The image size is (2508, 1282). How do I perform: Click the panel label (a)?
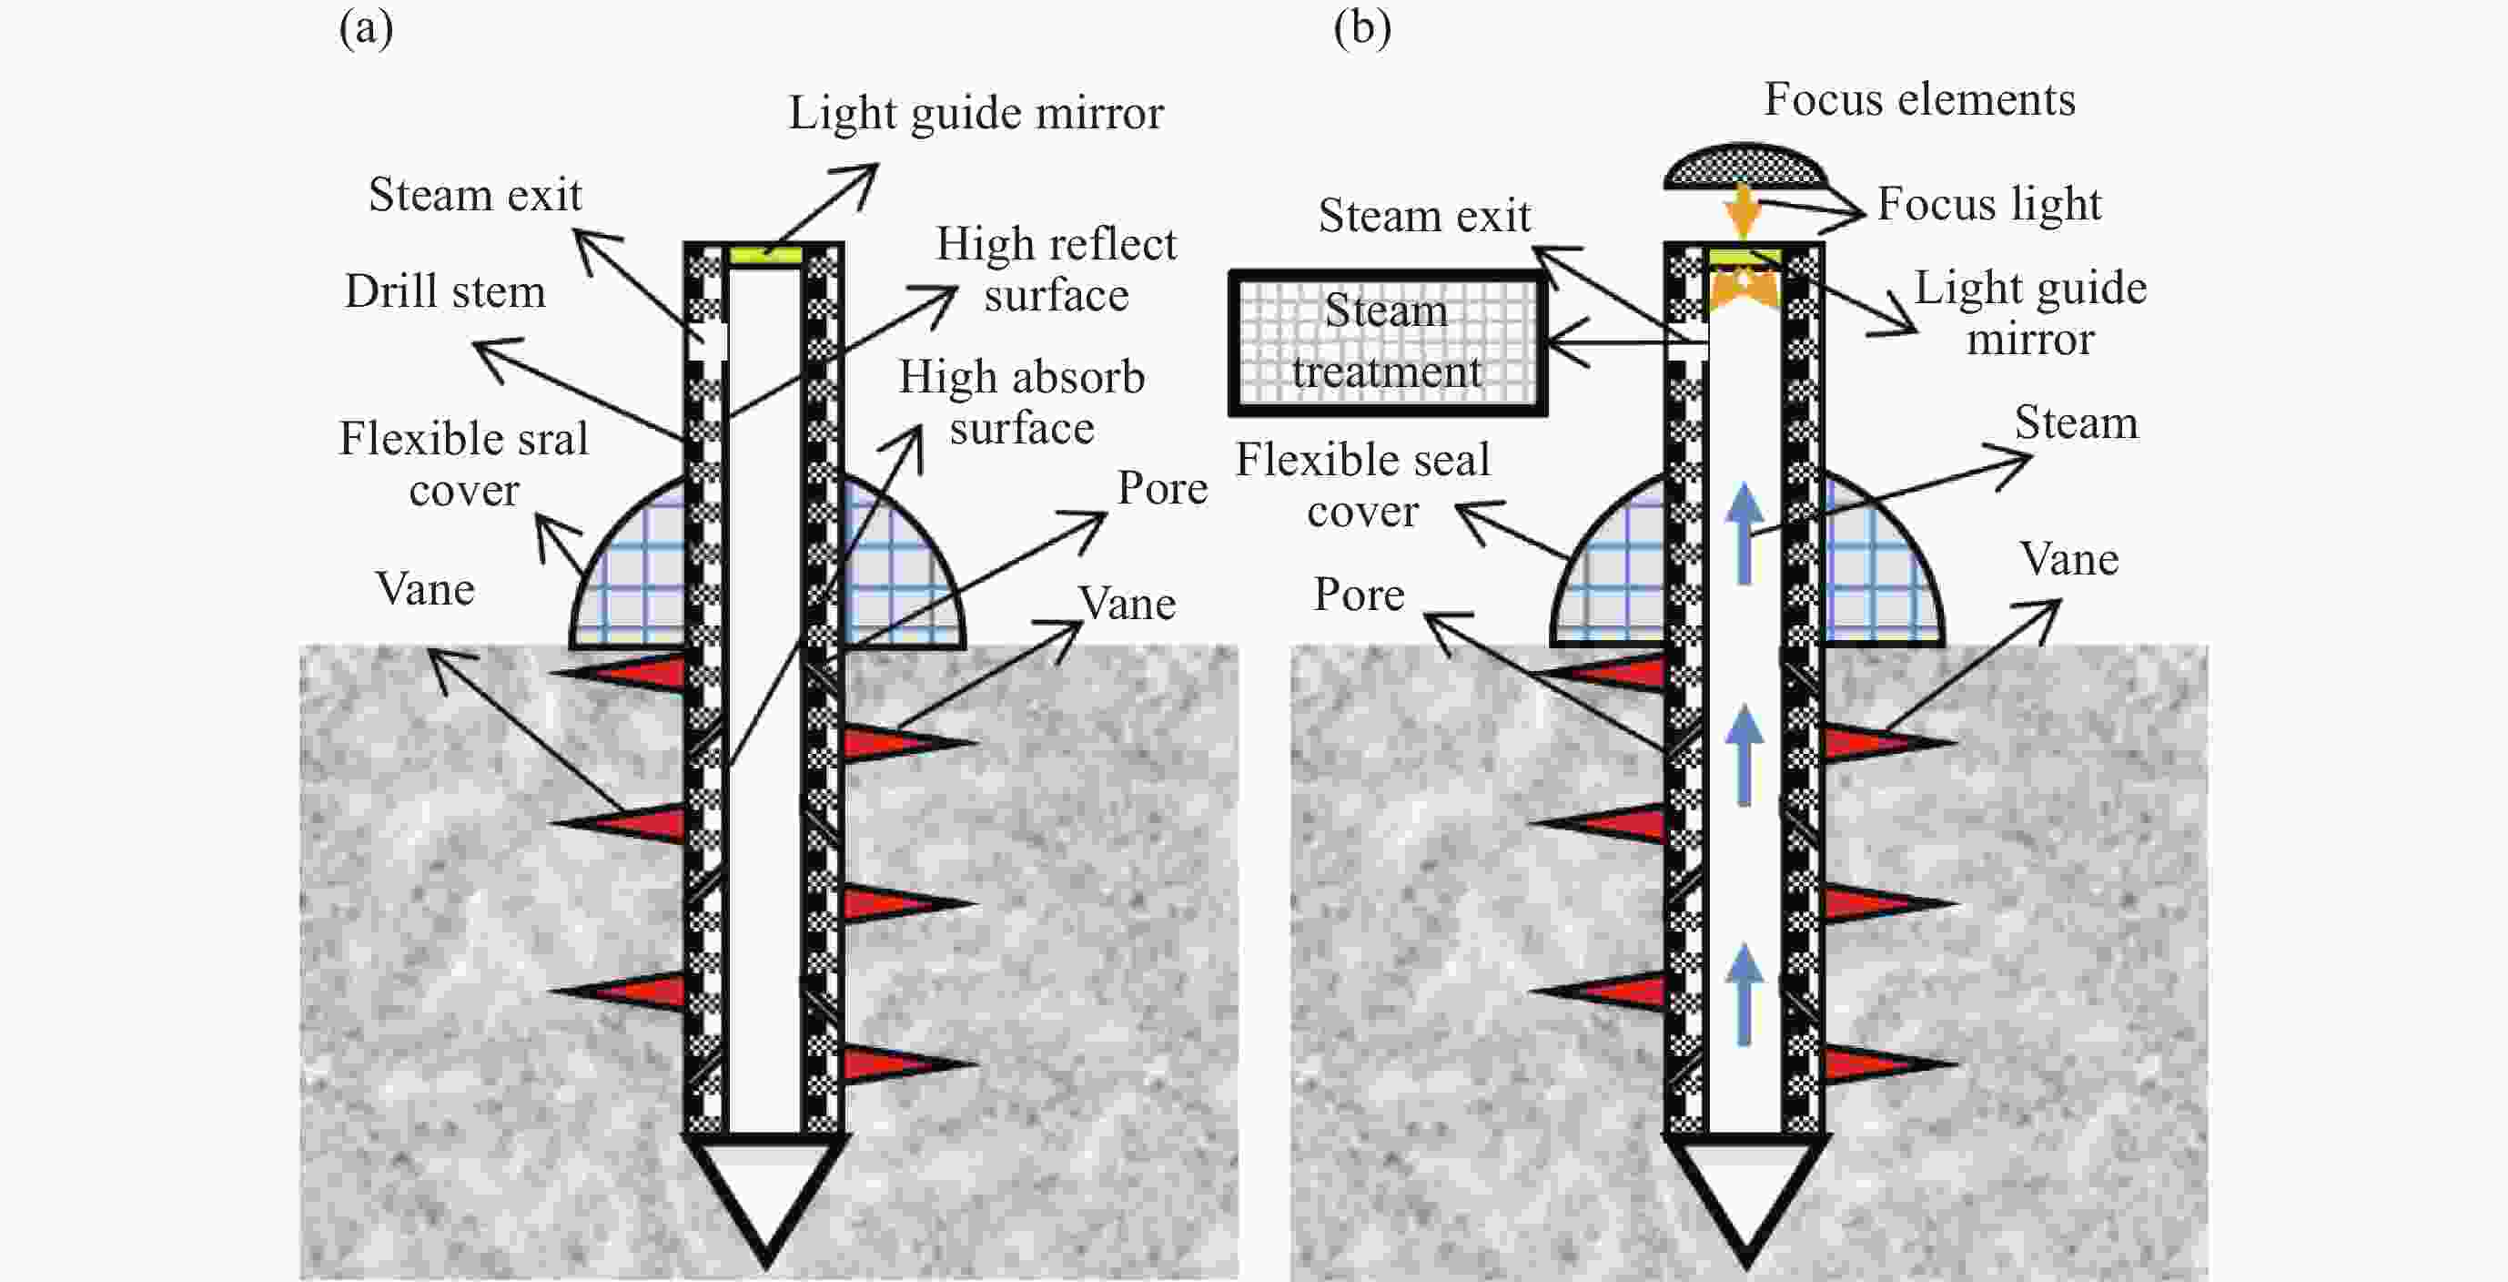coord(366,29)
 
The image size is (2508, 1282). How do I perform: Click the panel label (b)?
coord(1362,29)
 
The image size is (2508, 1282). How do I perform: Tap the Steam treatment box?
coord(1388,343)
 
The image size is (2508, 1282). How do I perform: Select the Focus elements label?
coord(1919,99)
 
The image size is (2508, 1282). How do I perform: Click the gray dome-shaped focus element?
coord(1744,167)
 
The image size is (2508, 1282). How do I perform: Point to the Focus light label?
coord(1988,204)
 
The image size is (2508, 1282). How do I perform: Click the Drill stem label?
coord(445,291)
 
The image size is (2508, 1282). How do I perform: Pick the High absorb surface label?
coord(1021,402)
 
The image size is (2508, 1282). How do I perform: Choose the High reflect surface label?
coord(1057,269)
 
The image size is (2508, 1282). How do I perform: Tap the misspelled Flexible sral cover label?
coord(463,463)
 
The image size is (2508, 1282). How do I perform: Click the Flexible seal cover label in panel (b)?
coord(1362,485)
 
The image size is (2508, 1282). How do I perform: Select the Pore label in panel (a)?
coord(1161,487)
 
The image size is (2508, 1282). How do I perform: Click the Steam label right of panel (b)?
coord(2076,422)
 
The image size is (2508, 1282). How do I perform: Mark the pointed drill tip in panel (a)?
coord(765,1198)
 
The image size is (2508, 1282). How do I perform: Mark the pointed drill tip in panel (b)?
coord(1745,1198)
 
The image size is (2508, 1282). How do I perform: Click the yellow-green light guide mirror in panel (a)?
coord(765,255)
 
